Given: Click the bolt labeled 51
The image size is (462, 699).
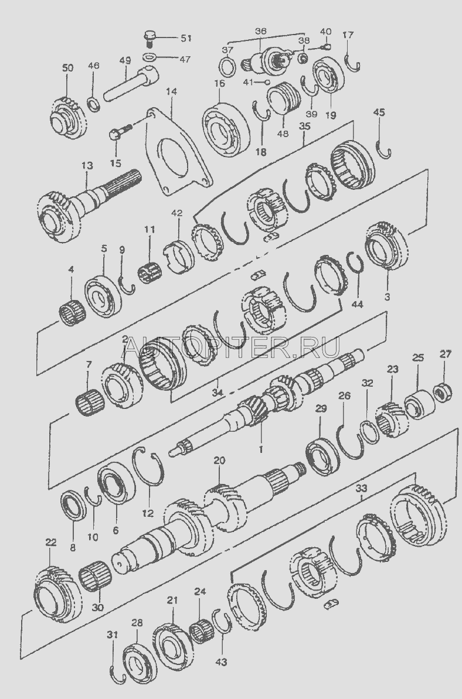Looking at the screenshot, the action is [150, 38].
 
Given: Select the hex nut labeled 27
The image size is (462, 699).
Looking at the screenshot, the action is [443, 393].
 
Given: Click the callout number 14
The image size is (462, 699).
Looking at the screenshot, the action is [172, 92].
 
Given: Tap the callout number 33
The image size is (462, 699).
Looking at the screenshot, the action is [361, 488].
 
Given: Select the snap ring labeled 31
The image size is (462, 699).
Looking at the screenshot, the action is [117, 674].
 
